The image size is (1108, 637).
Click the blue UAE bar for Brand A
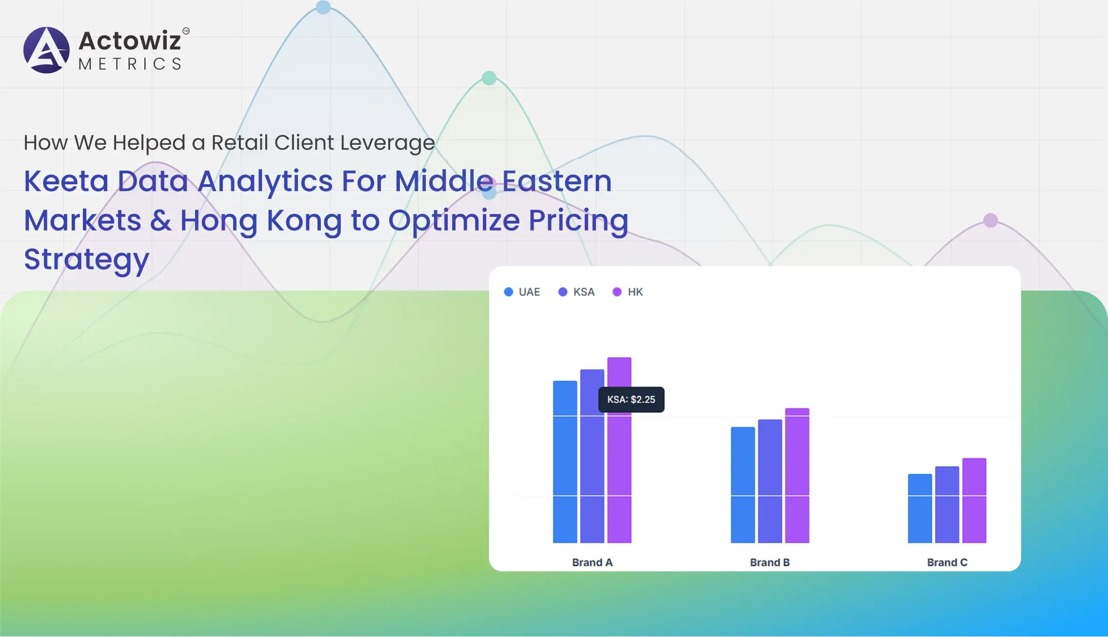coord(565,462)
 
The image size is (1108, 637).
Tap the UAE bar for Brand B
coord(743,485)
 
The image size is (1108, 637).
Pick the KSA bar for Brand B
coord(770,481)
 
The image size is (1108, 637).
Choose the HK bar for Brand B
coord(797,475)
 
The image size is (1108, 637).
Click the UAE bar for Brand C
coord(920,508)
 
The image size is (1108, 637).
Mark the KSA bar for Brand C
coord(947,504)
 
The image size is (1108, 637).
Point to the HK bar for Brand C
coord(974,501)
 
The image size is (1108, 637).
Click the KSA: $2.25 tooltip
coord(631,400)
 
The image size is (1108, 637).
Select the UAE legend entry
coord(522,292)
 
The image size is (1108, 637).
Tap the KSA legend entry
coord(576,292)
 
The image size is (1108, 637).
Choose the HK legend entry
coord(628,292)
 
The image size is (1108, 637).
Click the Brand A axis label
coord(592,562)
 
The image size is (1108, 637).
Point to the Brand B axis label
coord(770,562)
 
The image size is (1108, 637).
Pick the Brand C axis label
coord(947,562)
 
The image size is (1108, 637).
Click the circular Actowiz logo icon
coord(46,50)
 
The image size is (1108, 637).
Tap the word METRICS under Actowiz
coord(130,64)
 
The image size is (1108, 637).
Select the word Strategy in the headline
coord(86,260)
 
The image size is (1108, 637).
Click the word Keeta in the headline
coord(66,181)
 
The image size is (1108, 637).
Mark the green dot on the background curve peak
coord(489,78)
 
